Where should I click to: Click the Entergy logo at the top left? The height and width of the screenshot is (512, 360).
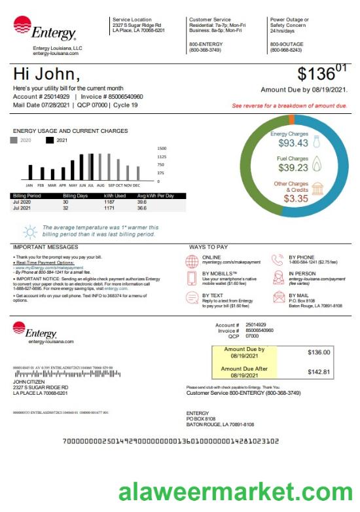click(45, 29)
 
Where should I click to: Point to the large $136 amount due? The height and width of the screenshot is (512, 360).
click(319, 73)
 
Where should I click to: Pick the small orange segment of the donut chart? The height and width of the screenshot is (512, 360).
click(291, 119)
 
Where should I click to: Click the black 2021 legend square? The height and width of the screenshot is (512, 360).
click(49, 140)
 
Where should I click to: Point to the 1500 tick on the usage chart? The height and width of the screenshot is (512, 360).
click(162, 149)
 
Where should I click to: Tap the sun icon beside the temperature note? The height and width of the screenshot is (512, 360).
click(29, 231)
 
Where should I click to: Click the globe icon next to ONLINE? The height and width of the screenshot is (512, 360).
click(192, 261)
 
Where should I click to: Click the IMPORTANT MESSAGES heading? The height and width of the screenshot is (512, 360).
click(45, 247)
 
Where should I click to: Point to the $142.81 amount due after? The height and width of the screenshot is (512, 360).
click(319, 372)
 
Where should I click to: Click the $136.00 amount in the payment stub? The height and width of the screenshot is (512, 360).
click(319, 353)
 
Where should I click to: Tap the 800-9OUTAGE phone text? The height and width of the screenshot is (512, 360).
click(286, 44)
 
